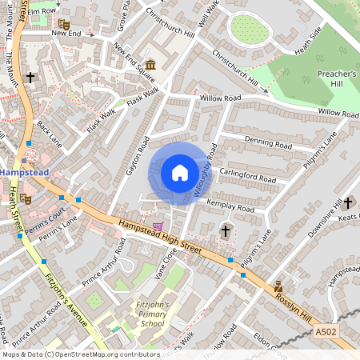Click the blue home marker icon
[179, 173]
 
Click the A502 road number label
[326, 330]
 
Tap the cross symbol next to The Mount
[31, 78]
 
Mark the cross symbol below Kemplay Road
[226, 231]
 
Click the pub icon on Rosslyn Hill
[278, 286]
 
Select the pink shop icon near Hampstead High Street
[158, 226]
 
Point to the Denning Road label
[268, 145]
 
